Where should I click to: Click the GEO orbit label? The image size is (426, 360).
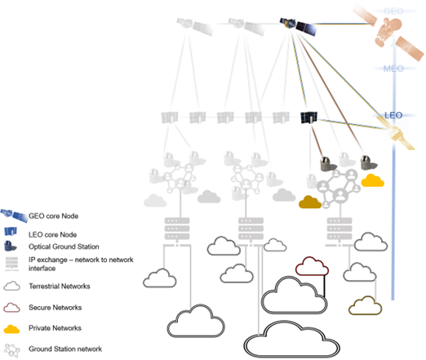point(393,11)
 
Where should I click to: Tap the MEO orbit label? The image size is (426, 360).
point(393,69)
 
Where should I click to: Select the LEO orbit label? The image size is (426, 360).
point(393,115)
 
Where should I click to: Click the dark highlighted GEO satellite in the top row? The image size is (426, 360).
point(299,26)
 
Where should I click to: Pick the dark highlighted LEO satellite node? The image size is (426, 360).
point(308,118)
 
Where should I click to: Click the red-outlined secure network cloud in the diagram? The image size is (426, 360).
point(312,266)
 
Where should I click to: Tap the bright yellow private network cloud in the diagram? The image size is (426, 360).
point(372,180)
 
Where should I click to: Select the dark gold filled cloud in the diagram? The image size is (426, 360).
point(310,202)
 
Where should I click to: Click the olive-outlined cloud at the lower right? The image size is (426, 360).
point(365,305)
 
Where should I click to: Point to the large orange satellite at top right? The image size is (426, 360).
point(388,32)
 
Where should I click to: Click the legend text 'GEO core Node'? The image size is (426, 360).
point(54,216)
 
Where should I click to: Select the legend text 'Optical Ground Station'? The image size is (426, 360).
point(64,247)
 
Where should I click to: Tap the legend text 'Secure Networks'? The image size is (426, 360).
point(55,308)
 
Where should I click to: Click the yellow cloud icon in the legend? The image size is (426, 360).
point(11,329)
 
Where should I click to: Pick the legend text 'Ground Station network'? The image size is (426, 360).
point(65,349)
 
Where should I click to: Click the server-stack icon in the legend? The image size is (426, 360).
point(11,264)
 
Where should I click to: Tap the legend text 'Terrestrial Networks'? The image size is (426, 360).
point(60,287)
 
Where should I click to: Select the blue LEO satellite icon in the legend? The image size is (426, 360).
point(11,231)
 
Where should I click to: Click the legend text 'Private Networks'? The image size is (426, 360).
point(55,328)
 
